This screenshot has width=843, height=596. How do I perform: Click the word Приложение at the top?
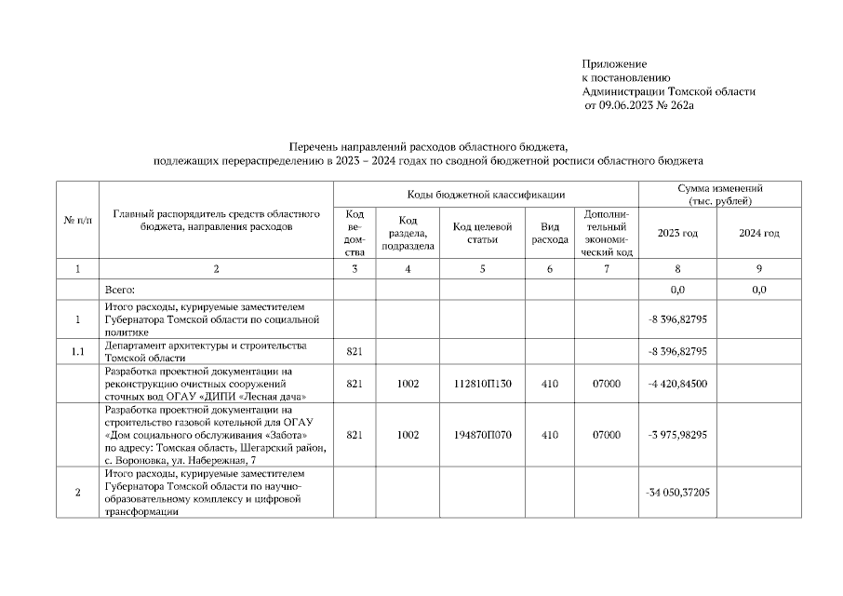pos(613,63)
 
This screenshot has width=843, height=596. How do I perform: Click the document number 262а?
pos(682,106)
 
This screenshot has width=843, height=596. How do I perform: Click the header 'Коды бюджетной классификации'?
pos(486,194)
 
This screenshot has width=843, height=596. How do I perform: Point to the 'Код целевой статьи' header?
pos(482,233)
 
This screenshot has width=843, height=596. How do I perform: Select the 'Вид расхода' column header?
pos(549,233)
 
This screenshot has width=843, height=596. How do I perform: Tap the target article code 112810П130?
pos(482,383)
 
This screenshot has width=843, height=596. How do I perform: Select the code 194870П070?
pos(482,435)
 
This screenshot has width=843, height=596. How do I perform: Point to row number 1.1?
pos(77,351)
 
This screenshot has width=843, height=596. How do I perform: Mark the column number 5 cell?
pos(482,269)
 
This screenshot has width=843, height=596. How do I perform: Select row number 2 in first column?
pos(77,492)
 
